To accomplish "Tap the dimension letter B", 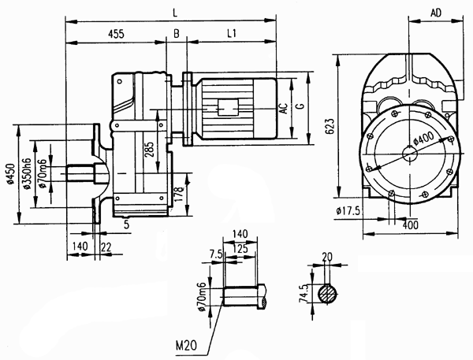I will [176, 35].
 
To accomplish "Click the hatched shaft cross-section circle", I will [328, 294].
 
